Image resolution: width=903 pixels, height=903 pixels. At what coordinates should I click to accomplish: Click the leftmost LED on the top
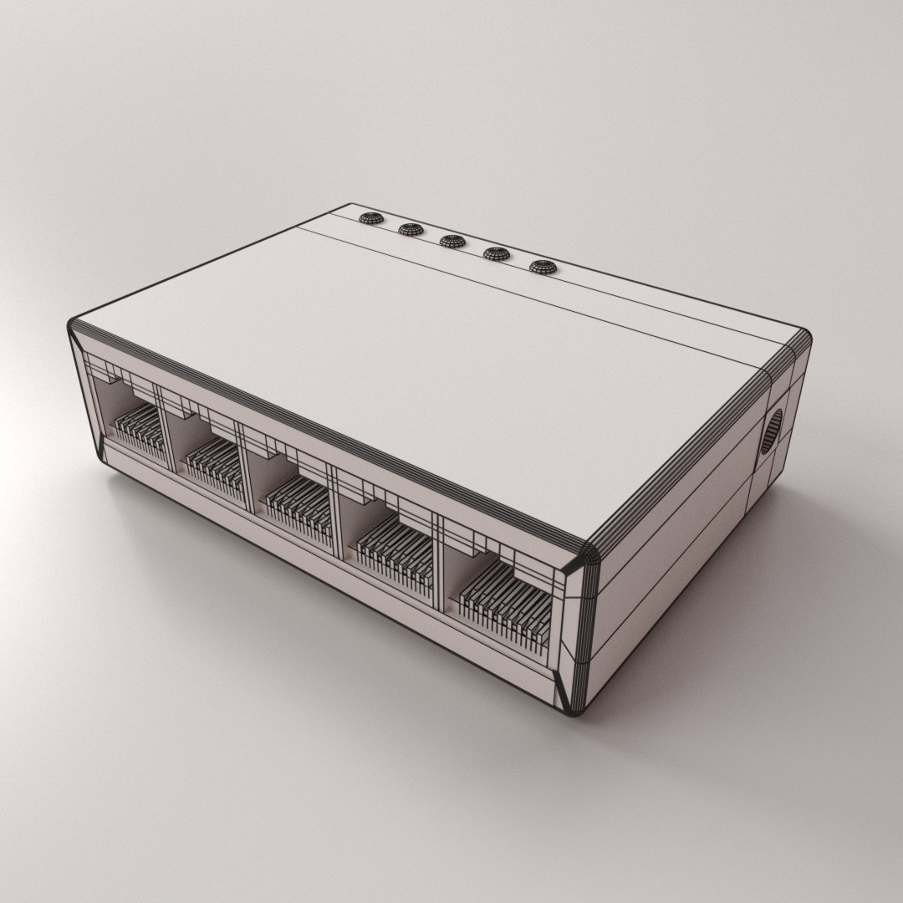tap(369, 218)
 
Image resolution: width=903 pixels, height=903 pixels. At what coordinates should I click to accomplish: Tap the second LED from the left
tap(409, 229)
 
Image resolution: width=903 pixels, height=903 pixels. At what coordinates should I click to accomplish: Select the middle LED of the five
tap(451, 241)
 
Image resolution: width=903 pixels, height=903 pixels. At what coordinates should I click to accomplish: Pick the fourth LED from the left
tap(496, 253)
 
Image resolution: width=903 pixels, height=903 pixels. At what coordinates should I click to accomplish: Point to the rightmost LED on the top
tap(542, 268)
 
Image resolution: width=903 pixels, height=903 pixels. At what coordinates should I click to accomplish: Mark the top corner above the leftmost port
tap(74, 324)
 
